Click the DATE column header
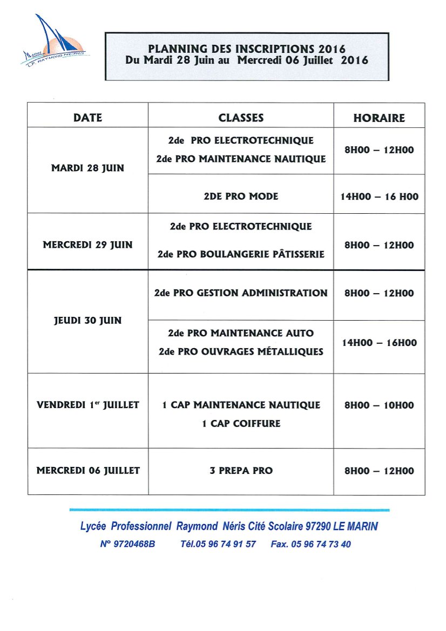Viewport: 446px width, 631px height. [87, 118]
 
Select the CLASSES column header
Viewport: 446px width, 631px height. [241, 118]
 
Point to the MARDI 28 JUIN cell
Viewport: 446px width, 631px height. [87, 168]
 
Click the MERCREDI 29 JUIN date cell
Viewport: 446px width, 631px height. [87, 245]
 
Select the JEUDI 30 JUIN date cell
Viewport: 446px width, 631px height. [87, 320]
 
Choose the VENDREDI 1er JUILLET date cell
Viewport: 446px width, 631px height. [87, 404]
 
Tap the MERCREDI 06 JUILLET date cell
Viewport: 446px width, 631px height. [87, 471]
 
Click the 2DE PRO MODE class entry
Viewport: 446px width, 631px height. [241, 196]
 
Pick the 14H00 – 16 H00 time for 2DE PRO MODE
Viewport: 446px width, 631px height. [379, 197]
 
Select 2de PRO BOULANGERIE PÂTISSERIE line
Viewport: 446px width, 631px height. [241, 253]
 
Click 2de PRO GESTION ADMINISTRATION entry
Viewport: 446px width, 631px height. [241, 293]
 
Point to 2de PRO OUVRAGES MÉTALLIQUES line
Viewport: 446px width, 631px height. [241, 351]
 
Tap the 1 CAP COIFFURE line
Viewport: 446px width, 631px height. [241, 424]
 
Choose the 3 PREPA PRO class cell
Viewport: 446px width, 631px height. [241, 471]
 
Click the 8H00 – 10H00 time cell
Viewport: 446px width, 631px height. [379, 405]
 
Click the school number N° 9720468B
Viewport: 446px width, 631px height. [127, 544]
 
